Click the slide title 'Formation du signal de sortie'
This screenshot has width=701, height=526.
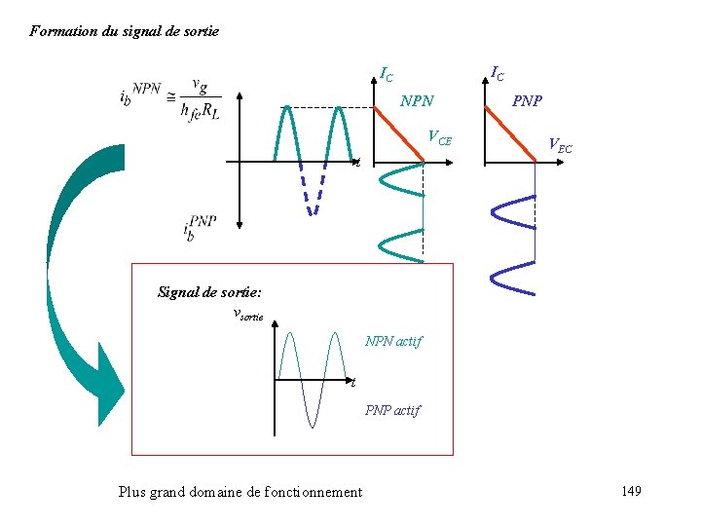(x=125, y=31)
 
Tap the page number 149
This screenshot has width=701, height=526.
(x=630, y=491)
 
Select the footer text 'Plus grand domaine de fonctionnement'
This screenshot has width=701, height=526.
(x=240, y=492)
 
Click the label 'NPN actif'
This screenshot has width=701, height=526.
(x=393, y=342)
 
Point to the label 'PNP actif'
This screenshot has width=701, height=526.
(x=392, y=410)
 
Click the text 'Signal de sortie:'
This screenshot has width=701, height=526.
(x=209, y=291)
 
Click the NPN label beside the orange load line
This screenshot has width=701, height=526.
(x=418, y=101)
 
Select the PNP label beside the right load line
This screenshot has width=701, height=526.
(x=528, y=101)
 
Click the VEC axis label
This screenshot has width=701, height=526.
(x=560, y=146)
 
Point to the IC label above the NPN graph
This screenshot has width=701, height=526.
(x=387, y=74)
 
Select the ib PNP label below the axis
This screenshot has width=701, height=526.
(x=200, y=229)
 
